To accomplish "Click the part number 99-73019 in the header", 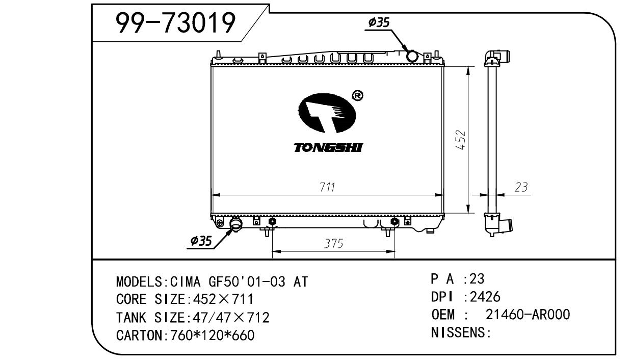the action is (x=175, y=22).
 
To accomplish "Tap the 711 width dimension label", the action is (x=327, y=187).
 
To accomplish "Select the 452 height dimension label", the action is (x=461, y=140).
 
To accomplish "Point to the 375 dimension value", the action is (x=333, y=244).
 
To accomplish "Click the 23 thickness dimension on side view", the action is (x=521, y=187).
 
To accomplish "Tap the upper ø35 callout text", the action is (x=379, y=22).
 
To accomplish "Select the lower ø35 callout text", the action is (x=201, y=241).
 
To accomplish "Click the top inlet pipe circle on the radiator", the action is (x=412, y=56).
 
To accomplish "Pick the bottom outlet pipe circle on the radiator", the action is (x=236, y=224).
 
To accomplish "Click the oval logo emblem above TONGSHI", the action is (x=327, y=113).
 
